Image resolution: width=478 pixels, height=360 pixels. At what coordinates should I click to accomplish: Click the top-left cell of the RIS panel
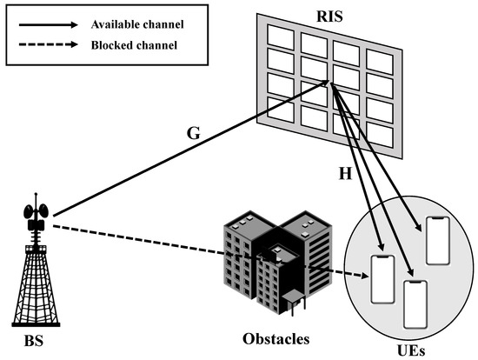click(279, 36)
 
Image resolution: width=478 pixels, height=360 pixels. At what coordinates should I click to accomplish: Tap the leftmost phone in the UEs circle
click(382, 279)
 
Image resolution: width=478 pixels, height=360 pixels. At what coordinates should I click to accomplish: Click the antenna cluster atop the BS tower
click(37, 217)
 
